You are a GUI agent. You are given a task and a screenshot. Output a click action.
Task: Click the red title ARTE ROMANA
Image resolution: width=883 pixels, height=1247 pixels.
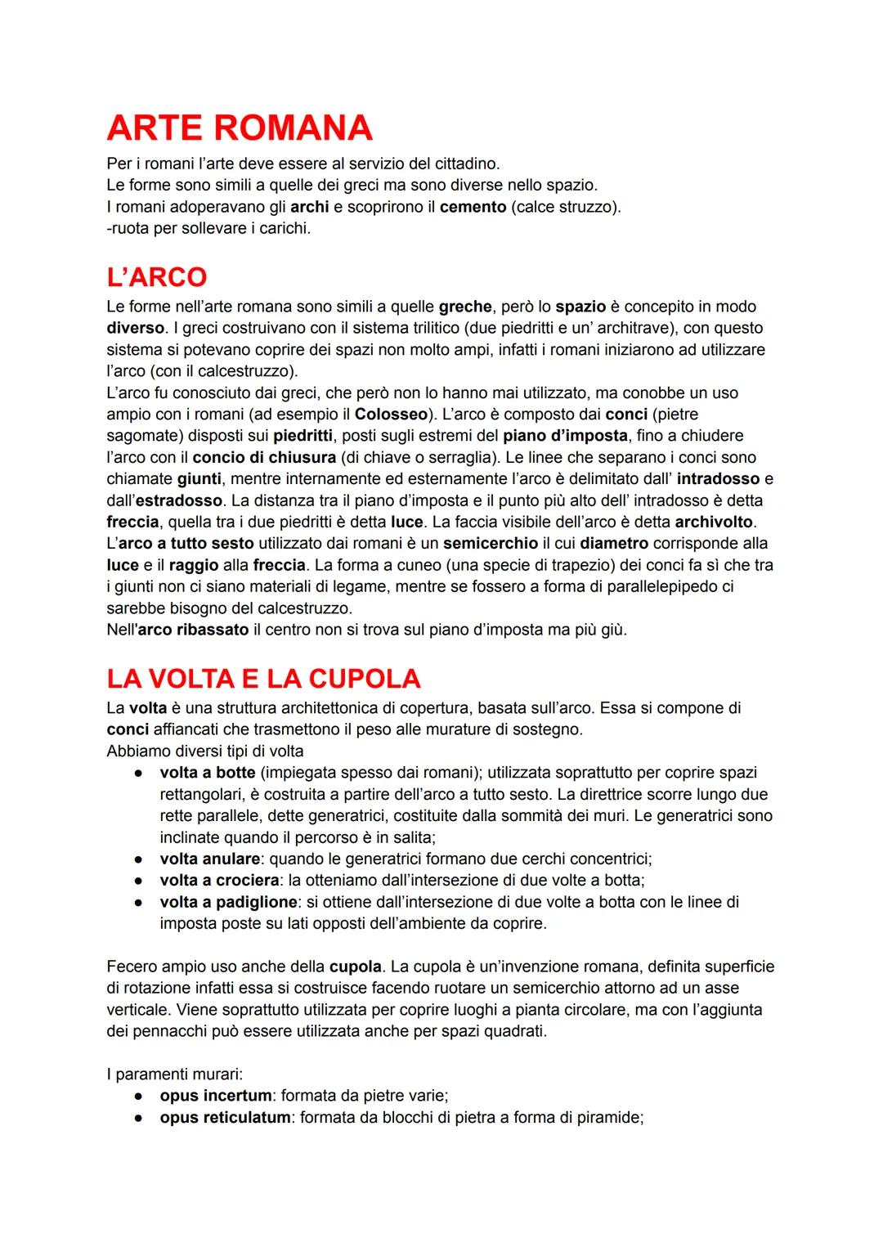point(239,128)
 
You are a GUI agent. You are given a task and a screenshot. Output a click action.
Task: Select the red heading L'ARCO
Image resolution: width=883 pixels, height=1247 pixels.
point(156,276)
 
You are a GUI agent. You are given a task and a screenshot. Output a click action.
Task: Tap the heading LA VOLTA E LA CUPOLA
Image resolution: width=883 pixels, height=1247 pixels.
point(263,678)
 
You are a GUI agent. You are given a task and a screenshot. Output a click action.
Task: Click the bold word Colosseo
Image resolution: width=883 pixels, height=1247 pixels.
point(391,414)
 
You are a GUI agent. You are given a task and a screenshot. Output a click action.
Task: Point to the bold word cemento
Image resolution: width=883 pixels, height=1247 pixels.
point(473,207)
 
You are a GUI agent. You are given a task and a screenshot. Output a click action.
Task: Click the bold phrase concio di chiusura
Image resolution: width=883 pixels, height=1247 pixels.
point(264,457)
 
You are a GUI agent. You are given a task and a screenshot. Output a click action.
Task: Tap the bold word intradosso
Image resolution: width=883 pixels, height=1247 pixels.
point(718,478)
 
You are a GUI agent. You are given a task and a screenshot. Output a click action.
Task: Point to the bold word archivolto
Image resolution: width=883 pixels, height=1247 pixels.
point(715,521)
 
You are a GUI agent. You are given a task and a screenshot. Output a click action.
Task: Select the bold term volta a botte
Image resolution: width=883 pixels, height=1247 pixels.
point(208,772)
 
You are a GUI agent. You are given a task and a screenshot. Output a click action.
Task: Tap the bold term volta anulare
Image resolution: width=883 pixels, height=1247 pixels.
point(210,859)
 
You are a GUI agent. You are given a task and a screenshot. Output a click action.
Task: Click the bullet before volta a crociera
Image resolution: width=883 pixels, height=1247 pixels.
point(141,881)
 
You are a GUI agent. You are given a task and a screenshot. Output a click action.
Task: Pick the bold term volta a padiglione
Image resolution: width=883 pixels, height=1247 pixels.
point(228,902)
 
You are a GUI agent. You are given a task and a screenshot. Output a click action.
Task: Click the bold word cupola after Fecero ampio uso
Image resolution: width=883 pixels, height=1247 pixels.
point(355,967)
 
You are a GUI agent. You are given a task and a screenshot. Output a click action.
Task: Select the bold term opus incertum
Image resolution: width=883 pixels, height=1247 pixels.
point(215,1095)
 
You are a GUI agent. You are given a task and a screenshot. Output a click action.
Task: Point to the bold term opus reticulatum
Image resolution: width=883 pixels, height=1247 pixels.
point(225,1117)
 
